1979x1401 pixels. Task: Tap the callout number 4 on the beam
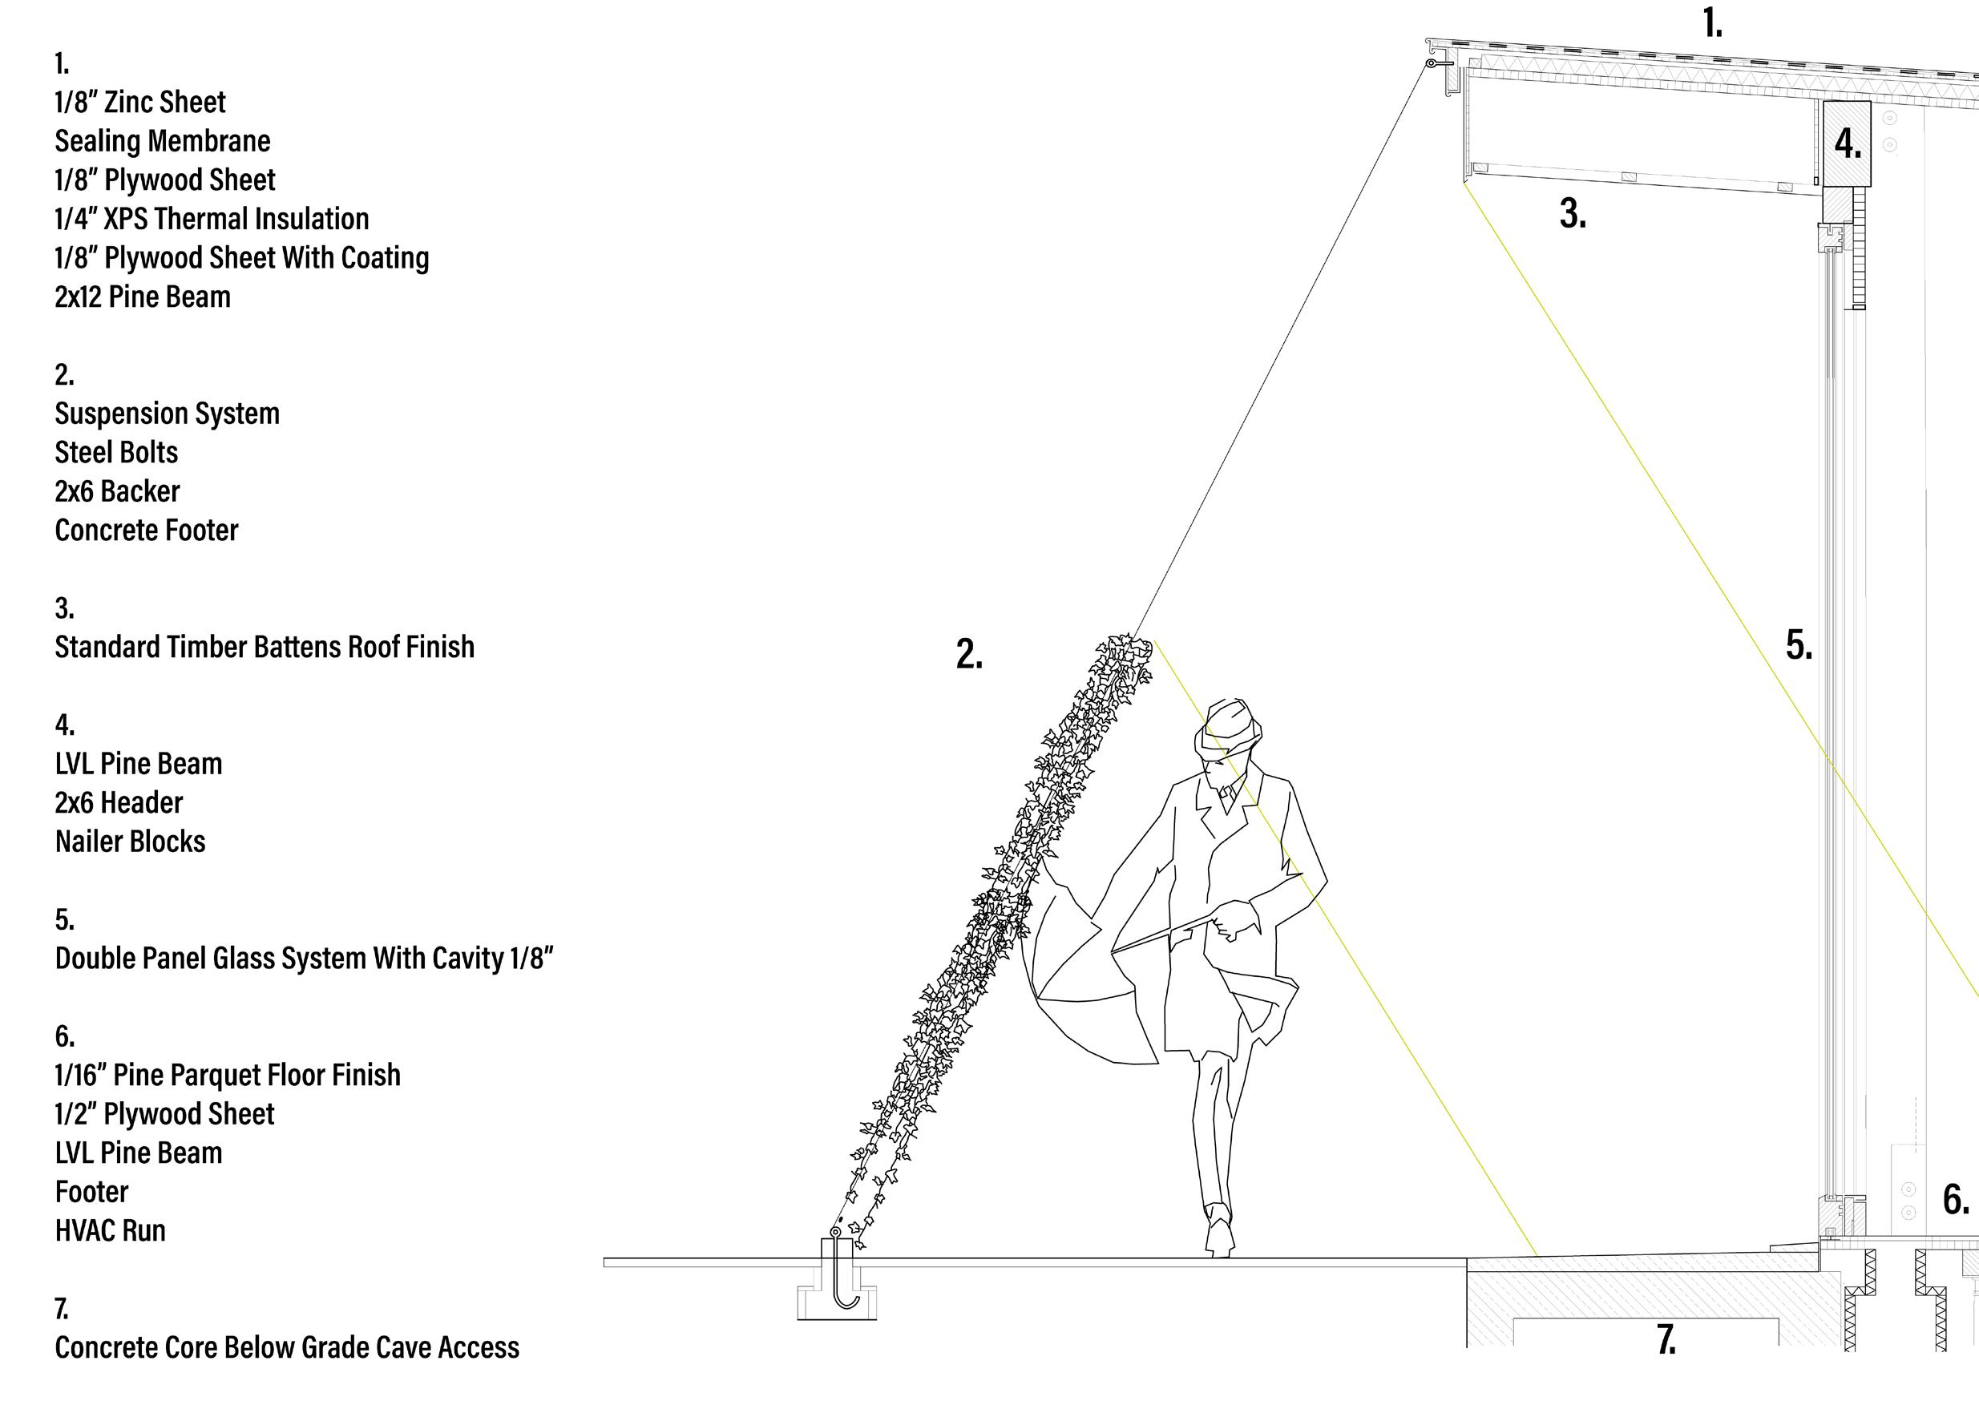pos(1847,144)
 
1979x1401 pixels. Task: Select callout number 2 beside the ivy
pos(969,655)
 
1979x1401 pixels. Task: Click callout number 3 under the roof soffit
pos(1573,214)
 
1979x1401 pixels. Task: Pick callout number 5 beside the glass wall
pos(1799,645)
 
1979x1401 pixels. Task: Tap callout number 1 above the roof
pos(1712,23)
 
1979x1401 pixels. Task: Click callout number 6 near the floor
pos(1956,1200)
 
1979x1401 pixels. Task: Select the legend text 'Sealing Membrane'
pos(162,140)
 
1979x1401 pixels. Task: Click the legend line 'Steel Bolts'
pos(116,452)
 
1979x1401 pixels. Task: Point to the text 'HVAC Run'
pos(111,1230)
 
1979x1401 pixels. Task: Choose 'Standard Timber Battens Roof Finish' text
pos(265,647)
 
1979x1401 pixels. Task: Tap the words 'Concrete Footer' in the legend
pos(147,530)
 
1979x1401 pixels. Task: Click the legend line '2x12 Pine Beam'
pos(143,297)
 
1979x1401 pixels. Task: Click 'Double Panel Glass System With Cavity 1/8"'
pos(305,958)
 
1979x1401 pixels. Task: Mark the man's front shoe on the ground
pos(1220,1239)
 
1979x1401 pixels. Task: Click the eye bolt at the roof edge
pos(1432,63)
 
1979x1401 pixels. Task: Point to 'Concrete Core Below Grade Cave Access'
pos(287,1346)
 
